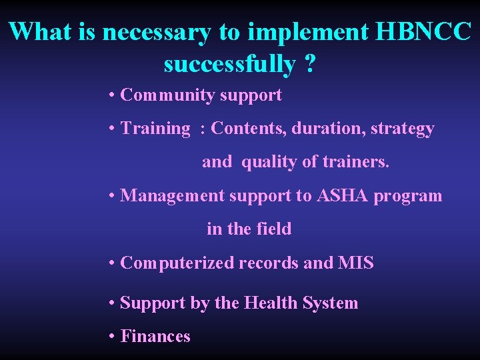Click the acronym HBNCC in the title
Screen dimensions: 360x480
(x=423, y=31)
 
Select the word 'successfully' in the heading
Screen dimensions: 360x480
(x=229, y=65)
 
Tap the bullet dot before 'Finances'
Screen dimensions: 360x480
(x=112, y=337)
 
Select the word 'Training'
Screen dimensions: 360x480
(x=155, y=129)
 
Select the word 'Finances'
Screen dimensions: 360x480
(x=155, y=337)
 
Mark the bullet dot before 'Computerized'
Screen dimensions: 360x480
(x=112, y=263)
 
